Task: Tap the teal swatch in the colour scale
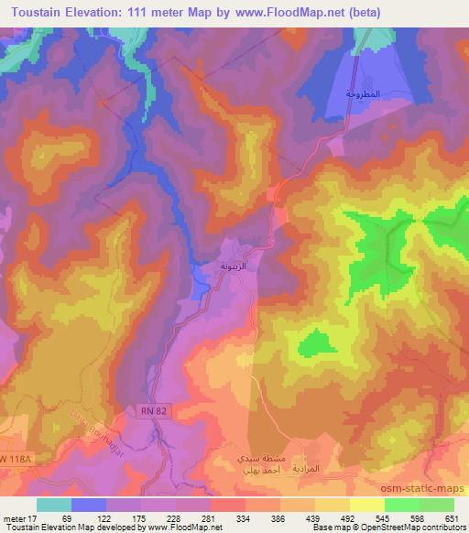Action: click(54, 505)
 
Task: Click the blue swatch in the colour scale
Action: click(89, 505)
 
